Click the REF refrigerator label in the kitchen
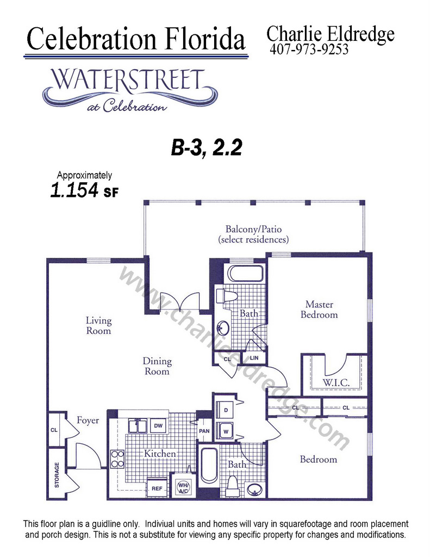[157, 488]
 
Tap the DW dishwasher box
[158, 425]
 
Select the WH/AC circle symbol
[184, 488]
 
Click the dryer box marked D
[226, 410]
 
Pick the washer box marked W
[226, 431]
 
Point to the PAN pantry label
[204, 431]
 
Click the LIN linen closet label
[254, 358]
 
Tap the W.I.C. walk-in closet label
[336, 382]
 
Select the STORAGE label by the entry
[57, 475]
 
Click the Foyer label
[88, 420]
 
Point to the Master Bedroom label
[319, 310]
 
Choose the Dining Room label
[157, 366]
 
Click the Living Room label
[99, 325]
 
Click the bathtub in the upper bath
[246, 274]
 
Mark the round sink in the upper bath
[223, 327]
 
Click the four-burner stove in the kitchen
[117, 459]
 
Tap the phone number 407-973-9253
[309, 49]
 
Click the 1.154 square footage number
[74, 190]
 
